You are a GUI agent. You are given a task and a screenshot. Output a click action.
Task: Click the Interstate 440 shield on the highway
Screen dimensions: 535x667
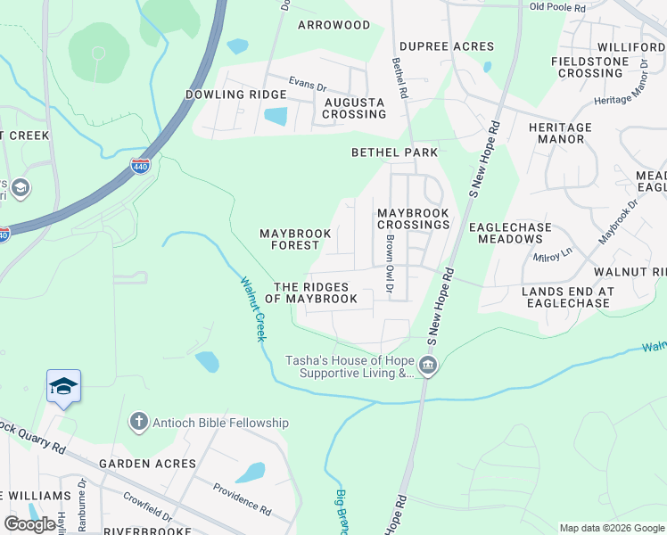[x=140, y=166]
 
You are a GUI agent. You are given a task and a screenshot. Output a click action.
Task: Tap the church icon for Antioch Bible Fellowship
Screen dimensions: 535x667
[x=137, y=422]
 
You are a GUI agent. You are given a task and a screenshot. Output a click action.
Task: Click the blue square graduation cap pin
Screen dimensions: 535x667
[x=63, y=386]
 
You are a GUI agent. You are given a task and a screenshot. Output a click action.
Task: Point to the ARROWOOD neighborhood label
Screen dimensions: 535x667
[x=333, y=25]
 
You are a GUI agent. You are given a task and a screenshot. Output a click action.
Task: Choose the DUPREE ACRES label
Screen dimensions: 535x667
[x=446, y=46]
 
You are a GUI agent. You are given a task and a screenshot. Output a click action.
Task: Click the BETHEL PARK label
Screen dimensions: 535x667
[x=394, y=152]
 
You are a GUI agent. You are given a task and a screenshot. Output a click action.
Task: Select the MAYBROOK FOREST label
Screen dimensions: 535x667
[x=295, y=239]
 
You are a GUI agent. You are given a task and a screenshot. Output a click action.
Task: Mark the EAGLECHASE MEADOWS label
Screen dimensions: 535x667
[x=515, y=233]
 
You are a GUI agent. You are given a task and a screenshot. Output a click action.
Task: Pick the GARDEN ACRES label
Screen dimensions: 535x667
[x=147, y=464]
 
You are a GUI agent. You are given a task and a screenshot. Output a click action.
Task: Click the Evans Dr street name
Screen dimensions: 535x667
[x=306, y=81]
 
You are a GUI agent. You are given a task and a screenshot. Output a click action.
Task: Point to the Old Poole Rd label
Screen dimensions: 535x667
[x=557, y=7]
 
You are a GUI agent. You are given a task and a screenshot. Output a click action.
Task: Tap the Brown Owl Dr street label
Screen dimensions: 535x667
[x=390, y=266]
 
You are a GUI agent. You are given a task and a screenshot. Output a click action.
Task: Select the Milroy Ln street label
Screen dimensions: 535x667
[x=552, y=255]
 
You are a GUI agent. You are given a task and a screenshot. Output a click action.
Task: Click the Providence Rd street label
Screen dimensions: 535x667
[x=242, y=498]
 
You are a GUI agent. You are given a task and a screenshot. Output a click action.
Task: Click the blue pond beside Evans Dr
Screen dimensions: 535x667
[x=276, y=116]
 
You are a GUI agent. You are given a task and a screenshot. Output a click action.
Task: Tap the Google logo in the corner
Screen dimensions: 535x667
[x=29, y=524]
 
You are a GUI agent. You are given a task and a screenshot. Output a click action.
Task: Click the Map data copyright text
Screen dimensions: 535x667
[x=611, y=528]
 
